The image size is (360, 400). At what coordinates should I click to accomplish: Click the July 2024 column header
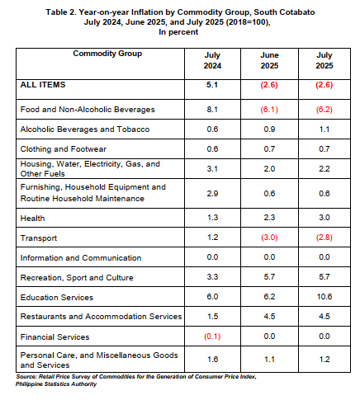[212, 60]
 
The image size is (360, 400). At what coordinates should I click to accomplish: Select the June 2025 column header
[269, 60]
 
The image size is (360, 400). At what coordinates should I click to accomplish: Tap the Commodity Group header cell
[107, 54]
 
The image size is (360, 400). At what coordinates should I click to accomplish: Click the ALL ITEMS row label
[43, 84]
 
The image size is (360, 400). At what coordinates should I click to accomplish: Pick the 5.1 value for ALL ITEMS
[212, 84]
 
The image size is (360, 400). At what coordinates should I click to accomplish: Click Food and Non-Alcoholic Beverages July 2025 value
[324, 110]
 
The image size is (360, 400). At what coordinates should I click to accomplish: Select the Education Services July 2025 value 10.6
[324, 297]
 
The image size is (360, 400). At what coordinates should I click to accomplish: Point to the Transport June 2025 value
[269, 238]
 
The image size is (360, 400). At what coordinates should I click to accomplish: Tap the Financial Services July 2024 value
[212, 336]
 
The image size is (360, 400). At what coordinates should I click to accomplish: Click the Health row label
[32, 219]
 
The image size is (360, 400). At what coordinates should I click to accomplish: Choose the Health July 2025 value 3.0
[324, 218]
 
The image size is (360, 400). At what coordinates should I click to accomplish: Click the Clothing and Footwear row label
[64, 149]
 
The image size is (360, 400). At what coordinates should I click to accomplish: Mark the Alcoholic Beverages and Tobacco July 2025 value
[324, 129]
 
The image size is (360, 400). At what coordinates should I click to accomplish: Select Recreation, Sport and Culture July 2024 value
[212, 277]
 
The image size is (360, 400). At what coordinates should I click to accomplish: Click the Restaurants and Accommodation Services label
[101, 317]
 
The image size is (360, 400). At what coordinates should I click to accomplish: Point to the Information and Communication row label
[81, 258]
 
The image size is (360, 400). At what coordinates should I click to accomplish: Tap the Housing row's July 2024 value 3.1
[212, 168]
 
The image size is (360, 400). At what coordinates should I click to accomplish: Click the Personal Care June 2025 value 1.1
[269, 360]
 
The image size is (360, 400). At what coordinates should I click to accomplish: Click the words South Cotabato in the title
[284, 12]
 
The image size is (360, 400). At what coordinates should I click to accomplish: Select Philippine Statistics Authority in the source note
[56, 384]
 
